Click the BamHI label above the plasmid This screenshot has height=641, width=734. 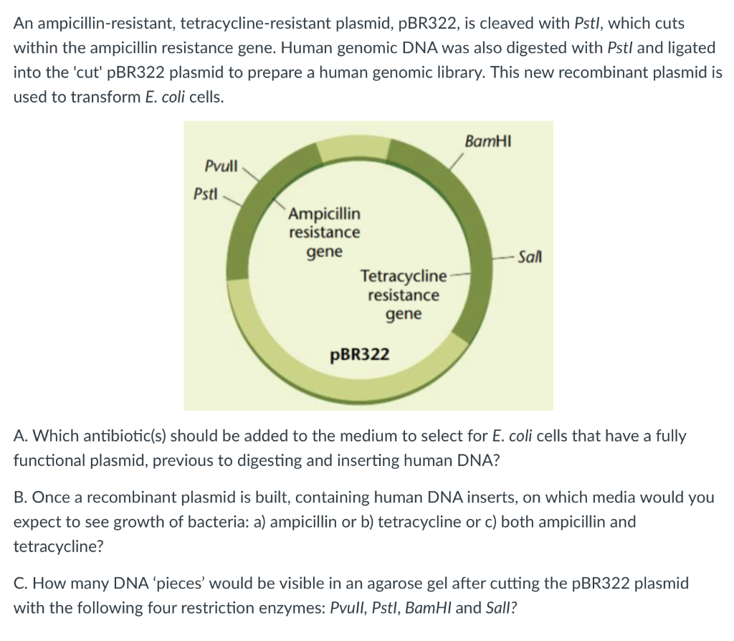pos(486,141)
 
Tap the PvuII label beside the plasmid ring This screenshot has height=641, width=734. pos(221,166)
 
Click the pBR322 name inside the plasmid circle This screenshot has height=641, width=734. pos(360,354)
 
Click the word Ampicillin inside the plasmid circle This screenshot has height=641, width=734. pos(325,214)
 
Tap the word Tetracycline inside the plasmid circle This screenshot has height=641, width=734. pos(404,276)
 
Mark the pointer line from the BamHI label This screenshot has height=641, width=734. pos(458,160)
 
